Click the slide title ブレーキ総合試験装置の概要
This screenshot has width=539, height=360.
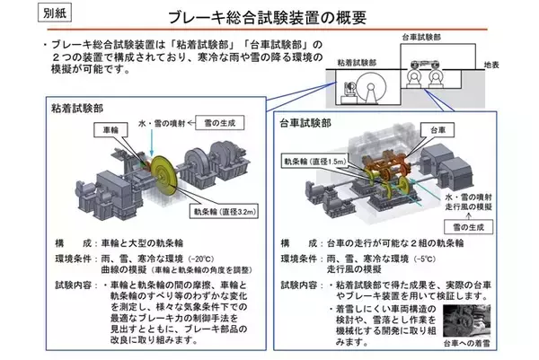click(x=269, y=18)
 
